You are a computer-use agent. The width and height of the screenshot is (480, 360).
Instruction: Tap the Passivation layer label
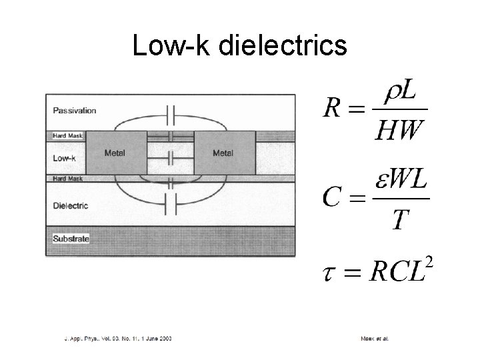[x=75, y=111]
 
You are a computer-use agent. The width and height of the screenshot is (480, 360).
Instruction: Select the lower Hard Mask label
[x=69, y=179]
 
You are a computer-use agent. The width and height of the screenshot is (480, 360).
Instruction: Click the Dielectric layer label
[x=71, y=205]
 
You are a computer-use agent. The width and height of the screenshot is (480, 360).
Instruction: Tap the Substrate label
[x=71, y=238]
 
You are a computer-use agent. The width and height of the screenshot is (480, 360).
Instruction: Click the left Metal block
[x=115, y=154]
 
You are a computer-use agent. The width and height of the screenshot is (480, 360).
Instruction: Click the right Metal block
[x=223, y=154]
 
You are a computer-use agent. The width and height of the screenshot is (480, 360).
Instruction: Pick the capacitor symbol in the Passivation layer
[x=171, y=115]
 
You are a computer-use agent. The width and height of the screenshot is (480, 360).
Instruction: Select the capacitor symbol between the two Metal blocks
[x=171, y=159]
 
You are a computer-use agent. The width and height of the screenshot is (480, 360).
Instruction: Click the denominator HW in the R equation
[x=399, y=130]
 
